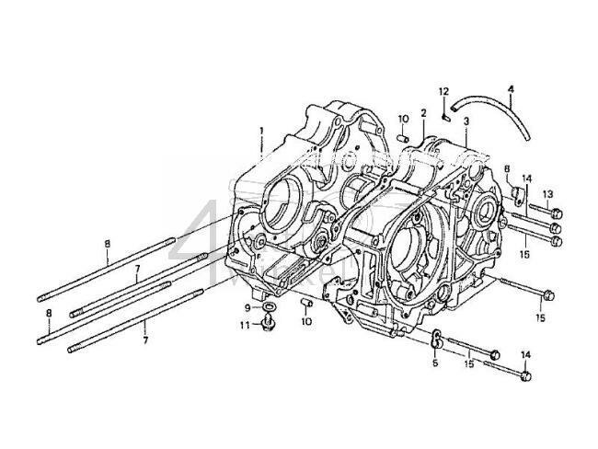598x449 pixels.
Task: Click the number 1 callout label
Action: point(260,132)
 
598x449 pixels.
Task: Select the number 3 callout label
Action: point(466,121)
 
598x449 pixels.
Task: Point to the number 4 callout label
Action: point(511,89)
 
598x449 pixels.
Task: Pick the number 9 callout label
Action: point(247,306)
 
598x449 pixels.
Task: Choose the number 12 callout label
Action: point(443,91)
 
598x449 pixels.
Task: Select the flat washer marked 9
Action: point(269,305)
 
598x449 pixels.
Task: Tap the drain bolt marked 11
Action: point(269,324)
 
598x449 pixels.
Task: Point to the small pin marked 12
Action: point(443,113)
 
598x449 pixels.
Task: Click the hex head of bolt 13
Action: point(556,213)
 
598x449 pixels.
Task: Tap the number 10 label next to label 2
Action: point(403,119)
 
